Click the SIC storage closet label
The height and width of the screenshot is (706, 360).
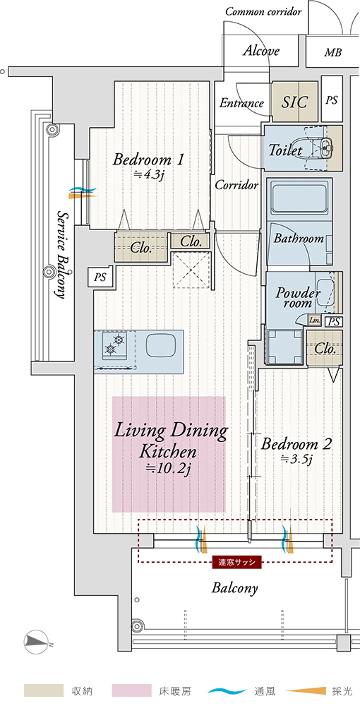point(295,102)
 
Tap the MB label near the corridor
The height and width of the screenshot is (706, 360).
point(332,53)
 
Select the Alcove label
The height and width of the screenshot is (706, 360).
point(261,52)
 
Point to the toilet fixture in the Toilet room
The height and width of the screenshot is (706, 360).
point(320,147)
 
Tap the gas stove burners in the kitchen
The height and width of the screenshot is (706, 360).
point(114,345)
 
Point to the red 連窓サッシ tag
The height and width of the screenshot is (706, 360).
point(236,563)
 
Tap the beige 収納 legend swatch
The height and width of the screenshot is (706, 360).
point(44,690)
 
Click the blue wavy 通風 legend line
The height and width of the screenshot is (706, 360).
point(228,690)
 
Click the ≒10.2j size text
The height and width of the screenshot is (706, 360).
point(169,468)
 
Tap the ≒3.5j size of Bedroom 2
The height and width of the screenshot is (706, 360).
point(296,460)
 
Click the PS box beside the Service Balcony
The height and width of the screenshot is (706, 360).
point(100,277)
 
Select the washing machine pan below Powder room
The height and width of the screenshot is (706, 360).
point(284,346)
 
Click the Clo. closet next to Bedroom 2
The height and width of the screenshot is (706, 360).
point(325,348)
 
